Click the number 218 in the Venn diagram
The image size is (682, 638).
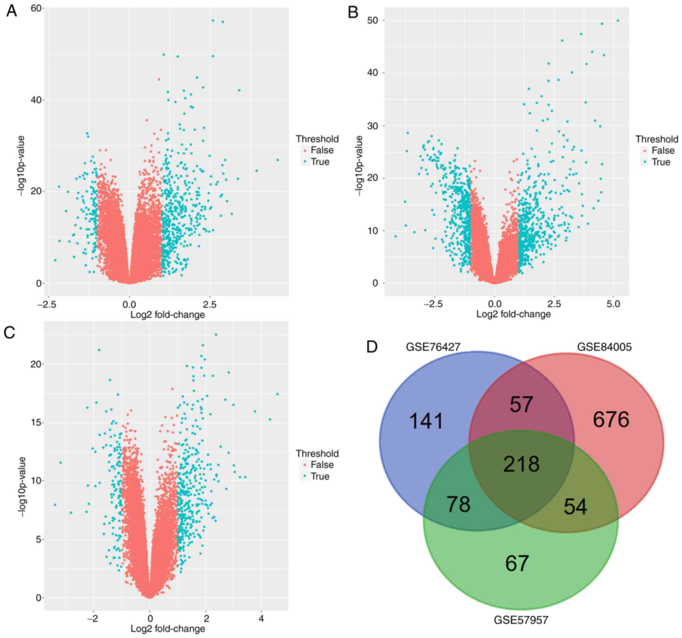[521, 464]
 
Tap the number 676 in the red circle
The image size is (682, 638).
[611, 420]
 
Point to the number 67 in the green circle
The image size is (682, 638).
[517, 563]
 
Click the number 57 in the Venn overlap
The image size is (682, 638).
[521, 404]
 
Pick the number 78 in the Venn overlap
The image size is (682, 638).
[458, 504]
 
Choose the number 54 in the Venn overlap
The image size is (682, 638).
[575, 507]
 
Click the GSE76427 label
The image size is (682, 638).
[433, 347]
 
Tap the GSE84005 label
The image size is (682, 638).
[604, 347]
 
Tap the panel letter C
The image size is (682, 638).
[10, 332]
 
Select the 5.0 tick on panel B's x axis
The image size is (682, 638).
[613, 304]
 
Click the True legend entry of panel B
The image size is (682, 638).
[661, 162]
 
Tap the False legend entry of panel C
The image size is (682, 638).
[322, 465]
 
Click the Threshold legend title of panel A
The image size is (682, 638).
[317, 139]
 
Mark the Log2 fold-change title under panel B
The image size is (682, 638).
[513, 314]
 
